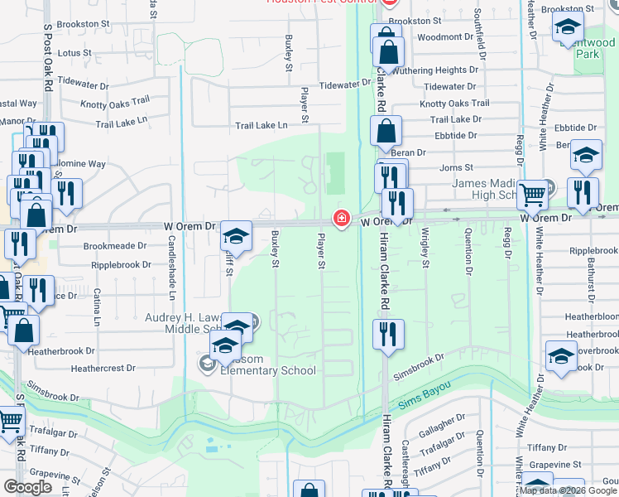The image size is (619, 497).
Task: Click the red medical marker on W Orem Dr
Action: [340, 219]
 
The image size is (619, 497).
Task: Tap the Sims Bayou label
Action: [420, 402]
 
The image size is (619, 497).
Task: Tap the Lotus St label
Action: [75, 52]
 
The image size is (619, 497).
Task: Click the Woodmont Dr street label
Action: [444, 37]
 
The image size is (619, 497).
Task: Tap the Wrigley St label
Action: [425, 248]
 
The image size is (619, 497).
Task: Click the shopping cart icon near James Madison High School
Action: [532, 195]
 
